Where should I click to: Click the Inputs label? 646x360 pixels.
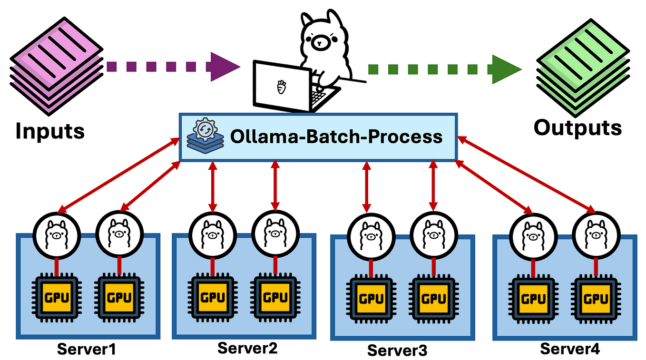click(50, 130)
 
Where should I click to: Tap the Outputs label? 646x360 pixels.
click(577, 127)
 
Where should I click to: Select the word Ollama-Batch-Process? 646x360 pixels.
click(336, 137)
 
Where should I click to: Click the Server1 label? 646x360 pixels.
click(87, 349)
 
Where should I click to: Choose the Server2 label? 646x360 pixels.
click(247, 348)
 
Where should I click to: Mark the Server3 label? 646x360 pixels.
click(397, 350)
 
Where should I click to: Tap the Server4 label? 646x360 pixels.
click(569, 349)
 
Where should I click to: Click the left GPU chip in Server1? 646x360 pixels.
click(56, 298)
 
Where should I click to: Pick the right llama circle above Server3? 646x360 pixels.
click(433, 234)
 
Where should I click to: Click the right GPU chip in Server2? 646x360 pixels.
click(275, 298)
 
